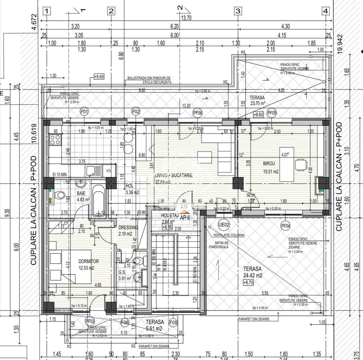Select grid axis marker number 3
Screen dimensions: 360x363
pyautogui.click(x=238, y=11)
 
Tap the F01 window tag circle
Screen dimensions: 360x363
pyautogui.click(x=84, y=111)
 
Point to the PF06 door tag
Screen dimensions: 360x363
pyautogui.click(x=198, y=113)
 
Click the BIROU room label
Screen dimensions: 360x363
pyautogui.click(x=269, y=164)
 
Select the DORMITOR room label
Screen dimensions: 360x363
pyautogui.click(x=88, y=261)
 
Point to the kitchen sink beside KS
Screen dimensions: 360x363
pyautogui.click(x=91, y=171)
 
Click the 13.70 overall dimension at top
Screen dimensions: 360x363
pyautogui.click(x=186, y=18)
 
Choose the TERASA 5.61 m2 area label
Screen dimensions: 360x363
pyautogui.click(x=154, y=325)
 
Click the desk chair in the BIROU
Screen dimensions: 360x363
pyautogui.click(x=301, y=164)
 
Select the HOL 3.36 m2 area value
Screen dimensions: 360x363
pyautogui.click(x=132, y=192)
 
